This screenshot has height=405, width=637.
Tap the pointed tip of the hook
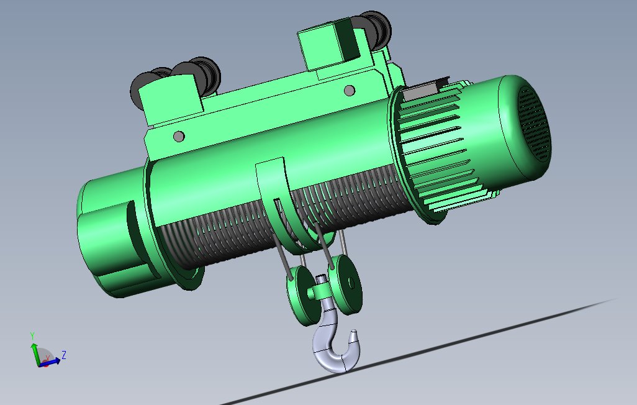pos(354,331)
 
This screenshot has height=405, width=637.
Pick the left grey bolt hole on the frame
pos(179,136)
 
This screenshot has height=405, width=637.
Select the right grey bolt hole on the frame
pos(350,90)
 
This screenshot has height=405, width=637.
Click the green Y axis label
pos(32,336)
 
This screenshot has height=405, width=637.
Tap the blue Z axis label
pos(64,355)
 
